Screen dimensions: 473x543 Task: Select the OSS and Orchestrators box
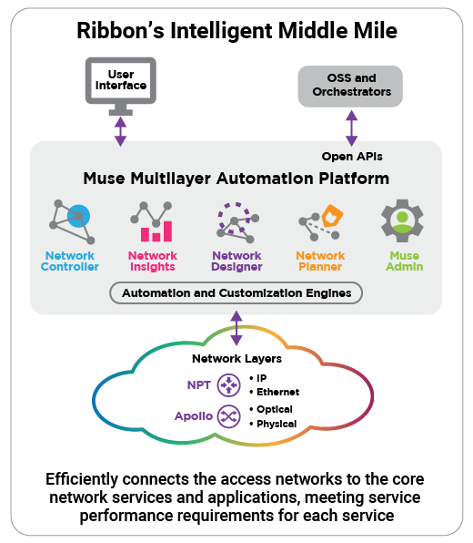(350, 87)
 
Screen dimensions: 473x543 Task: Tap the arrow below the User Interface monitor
(120, 131)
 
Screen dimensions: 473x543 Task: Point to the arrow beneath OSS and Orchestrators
(352, 128)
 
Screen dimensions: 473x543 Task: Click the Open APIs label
(352, 157)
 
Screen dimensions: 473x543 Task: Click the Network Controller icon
(72, 221)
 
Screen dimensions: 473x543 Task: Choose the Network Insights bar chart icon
(151, 221)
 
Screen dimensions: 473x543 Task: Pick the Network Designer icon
(237, 222)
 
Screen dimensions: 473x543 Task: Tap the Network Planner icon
(321, 222)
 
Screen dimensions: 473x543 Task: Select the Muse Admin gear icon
(402, 220)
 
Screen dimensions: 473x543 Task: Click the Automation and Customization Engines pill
(236, 293)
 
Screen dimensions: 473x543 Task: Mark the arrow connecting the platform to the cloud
(236, 328)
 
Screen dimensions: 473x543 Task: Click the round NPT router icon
(228, 384)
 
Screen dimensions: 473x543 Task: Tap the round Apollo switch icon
(228, 416)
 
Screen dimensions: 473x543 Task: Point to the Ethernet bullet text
(278, 392)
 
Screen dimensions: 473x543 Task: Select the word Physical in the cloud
(277, 424)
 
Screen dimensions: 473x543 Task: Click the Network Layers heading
(236, 359)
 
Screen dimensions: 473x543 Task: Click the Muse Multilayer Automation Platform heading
(236, 179)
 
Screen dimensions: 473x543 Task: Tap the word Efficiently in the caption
(82, 479)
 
